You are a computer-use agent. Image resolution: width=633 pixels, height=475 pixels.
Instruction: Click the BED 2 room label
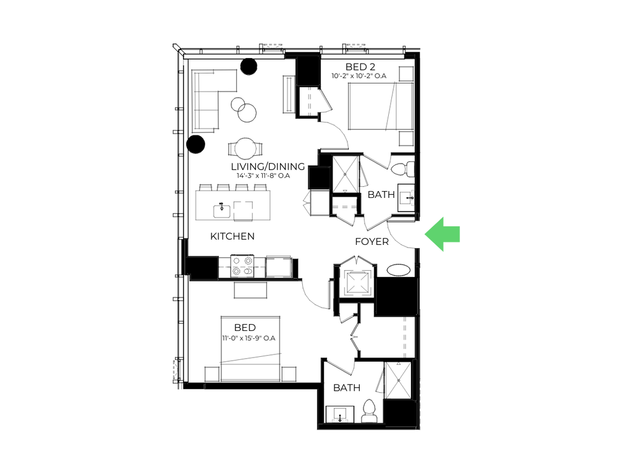pyautogui.click(x=360, y=67)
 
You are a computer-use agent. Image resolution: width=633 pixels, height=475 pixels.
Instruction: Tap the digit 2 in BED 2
pyautogui.click(x=372, y=67)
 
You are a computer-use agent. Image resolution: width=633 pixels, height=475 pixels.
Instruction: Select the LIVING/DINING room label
pyautogui.click(x=265, y=166)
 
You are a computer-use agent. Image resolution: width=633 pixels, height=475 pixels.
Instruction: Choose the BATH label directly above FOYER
pyautogui.click(x=381, y=195)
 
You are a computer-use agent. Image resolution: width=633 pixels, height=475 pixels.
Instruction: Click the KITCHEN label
pyautogui.click(x=232, y=236)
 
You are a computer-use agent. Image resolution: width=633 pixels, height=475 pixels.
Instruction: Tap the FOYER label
pyautogui.click(x=372, y=241)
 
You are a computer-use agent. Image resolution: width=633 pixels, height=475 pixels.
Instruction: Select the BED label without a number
pyautogui.click(x=245, y=327)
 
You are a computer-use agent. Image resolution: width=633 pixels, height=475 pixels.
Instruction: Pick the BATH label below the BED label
pyautogui.click(x=347, y=388)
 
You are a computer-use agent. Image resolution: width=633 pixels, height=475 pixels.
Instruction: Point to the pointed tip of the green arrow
pyautogui.click(x=425, y=234)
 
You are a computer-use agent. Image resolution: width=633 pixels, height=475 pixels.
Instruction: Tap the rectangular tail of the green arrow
pyautogui.click(x=454, y=234)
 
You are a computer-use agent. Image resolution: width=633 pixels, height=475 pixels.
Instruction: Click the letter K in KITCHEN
pyautogui.click(x=213, y=236)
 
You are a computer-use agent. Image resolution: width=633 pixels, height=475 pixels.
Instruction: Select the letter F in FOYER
pyautogui.click(x=357, y=241)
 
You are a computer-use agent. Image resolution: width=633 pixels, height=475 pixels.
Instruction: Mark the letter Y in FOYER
pyautogui.click(x=373, y=241)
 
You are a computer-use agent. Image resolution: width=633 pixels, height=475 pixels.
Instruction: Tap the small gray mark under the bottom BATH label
pyautogui.click(x=340, y=420)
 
